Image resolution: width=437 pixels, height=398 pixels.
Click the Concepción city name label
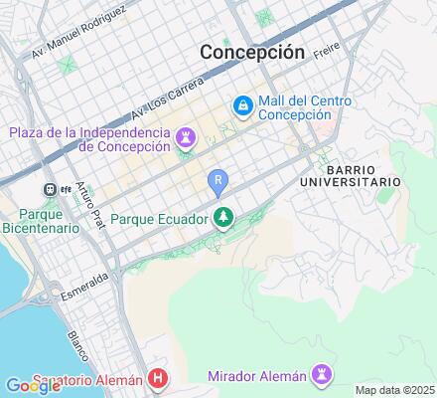click(251, 52)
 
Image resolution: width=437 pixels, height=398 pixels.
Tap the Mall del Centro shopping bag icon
click(241, 104)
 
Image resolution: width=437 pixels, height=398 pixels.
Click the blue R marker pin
click(218, 181)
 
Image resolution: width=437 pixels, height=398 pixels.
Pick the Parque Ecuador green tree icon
click(224, 218)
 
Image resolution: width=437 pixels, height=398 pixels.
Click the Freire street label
click(327, 49)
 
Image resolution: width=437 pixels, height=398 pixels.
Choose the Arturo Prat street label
click(90, 205)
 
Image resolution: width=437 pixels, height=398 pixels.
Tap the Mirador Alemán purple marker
click(321, 374)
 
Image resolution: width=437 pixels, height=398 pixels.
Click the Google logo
click(34, 386)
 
